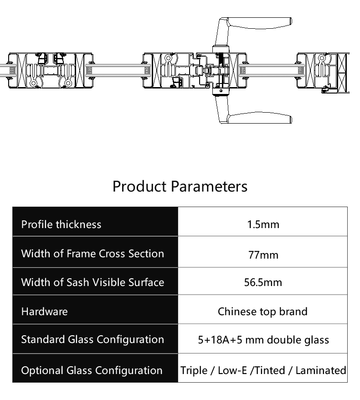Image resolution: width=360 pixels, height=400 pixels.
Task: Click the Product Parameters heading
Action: (180, 186)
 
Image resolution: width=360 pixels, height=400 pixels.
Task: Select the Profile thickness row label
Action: (61, 224)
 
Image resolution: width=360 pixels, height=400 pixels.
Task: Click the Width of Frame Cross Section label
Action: (93, 254)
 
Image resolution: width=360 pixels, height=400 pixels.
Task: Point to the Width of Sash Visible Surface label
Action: (93, 282)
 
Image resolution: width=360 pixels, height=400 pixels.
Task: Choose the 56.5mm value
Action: (263, 282)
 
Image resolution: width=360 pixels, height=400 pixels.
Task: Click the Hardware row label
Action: (44, 312)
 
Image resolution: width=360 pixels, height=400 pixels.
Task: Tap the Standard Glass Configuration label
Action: (93, 339)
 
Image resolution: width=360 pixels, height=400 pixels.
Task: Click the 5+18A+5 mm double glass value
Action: (263, 340)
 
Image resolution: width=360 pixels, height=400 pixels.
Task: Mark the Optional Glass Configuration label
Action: (92, 370)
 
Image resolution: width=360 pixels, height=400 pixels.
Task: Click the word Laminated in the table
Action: (321, 370)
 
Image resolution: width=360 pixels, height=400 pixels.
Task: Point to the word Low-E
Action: (232, 370)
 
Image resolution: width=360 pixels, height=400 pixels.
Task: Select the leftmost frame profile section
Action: (51, 70)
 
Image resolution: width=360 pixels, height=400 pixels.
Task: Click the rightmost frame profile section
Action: (323, 73)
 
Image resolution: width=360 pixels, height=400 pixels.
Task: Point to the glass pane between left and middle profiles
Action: (118, 70)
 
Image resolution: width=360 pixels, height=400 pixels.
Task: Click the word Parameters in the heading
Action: (209, 186)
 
